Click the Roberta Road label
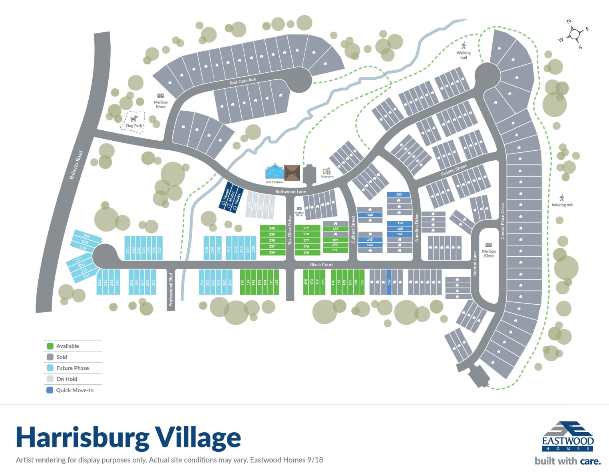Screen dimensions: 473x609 coord(76,165)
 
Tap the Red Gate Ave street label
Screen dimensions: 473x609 coord(243,81)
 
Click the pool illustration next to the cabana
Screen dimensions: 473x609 coord(274,172)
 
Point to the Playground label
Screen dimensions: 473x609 coord(327,177)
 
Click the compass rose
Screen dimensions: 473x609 coord(575,34)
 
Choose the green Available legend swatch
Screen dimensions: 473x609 coord(50,346)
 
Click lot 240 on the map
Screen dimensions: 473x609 coord(272,228)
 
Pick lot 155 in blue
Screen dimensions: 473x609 coord(399,195)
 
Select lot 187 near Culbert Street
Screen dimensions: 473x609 coord(336,229)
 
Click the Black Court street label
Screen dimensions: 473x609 coord(321,265)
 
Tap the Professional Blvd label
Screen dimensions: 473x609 coord(171,289)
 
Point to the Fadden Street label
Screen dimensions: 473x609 coord(454,170)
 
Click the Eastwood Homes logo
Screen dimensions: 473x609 coord(567,436)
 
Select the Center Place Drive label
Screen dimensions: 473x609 coord(502,221)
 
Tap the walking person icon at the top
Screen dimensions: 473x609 coord(464,46)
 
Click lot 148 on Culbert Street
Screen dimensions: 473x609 coord(370,215)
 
